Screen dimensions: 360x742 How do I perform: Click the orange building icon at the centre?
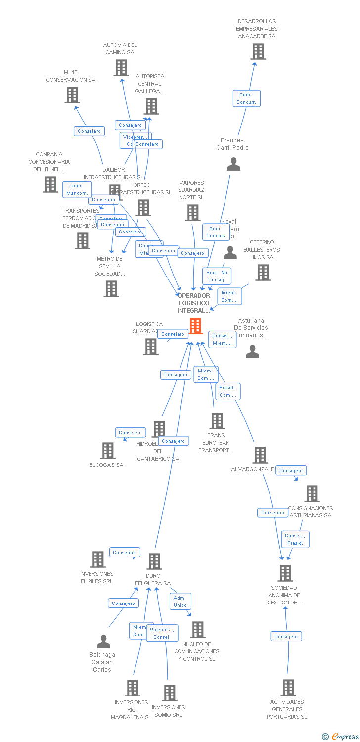coord(196,326)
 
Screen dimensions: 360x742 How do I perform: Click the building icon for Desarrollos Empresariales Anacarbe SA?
coord(258,51)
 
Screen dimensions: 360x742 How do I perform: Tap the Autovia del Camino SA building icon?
coord(121,68)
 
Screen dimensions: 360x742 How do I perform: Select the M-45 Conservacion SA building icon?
coord(72,95)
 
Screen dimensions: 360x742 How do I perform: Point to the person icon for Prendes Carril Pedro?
coord(233,164)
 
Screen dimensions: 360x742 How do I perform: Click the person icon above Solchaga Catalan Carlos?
coord(103,642)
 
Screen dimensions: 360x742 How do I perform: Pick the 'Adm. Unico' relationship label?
coord(180,602)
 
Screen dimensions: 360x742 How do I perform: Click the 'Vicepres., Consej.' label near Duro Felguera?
coord(162,633)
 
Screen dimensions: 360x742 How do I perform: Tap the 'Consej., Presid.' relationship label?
coord(295,539)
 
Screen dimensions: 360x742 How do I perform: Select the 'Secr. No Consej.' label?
coord(217,276)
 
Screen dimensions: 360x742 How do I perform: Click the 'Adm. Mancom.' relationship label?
coord(77,189)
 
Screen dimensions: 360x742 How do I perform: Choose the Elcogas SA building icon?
coord(108,451)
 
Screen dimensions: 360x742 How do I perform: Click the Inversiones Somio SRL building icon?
coord(170,693)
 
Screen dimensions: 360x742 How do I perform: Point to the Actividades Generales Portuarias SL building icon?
coord(288,688)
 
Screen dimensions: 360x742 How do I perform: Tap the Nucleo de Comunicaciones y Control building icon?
coord(198,630)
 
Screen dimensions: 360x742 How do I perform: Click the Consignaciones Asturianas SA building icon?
coord(312,494)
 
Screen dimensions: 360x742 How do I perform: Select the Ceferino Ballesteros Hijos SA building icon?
coord(263,272)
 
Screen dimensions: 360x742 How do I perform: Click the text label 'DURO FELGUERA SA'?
coord(153,580)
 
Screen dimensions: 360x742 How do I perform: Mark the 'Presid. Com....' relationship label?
coord(228,391)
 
